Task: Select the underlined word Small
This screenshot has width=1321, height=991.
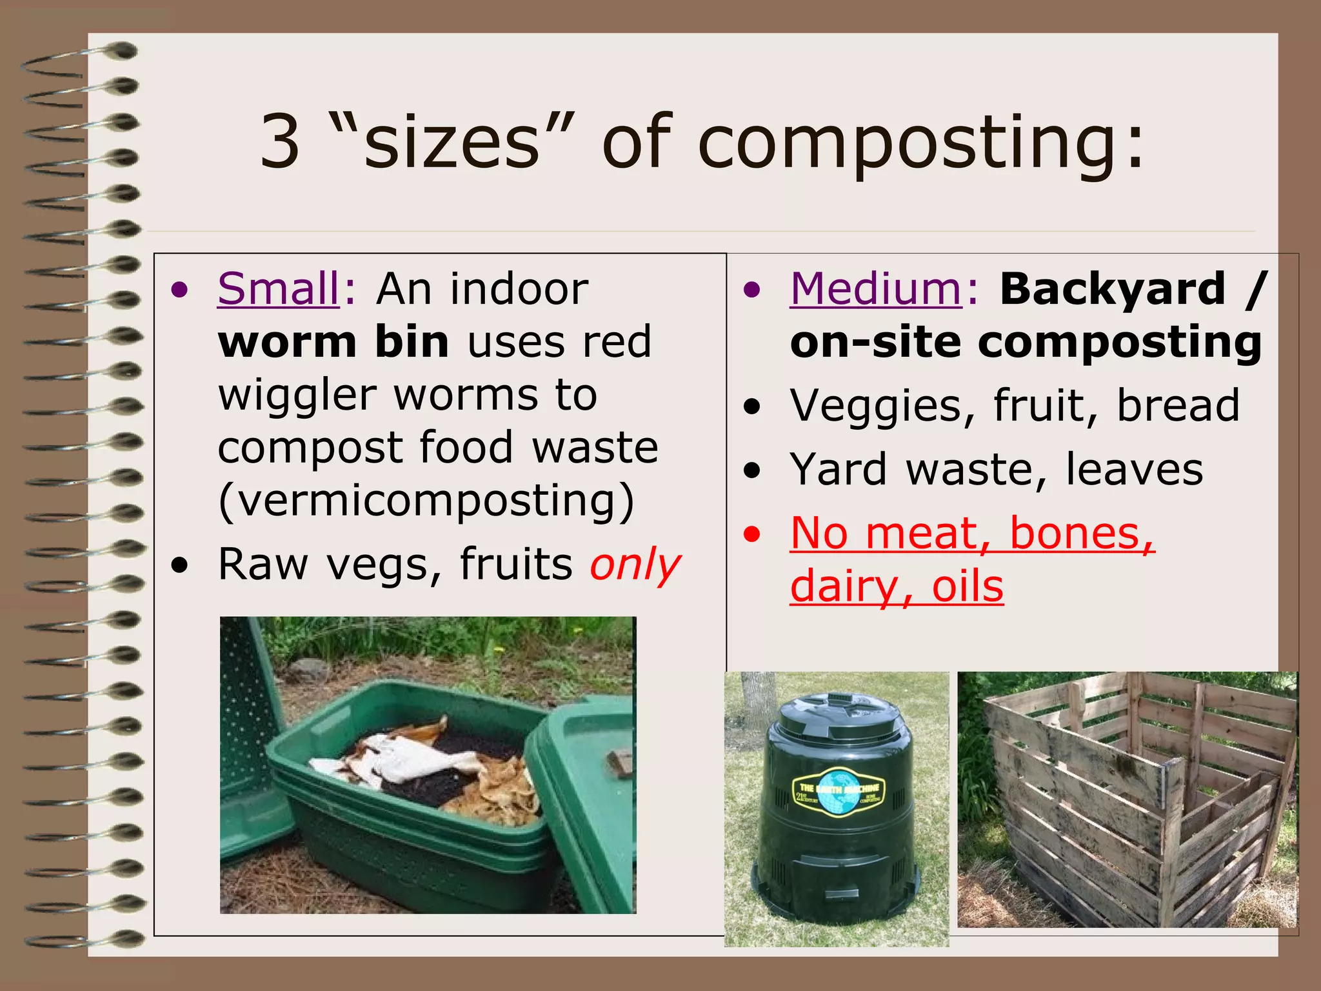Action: (279, 289)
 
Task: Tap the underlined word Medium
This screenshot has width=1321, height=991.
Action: (876, 289)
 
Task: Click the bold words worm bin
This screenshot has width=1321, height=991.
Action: (333, 342)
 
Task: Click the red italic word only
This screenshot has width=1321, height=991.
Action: (635, 565)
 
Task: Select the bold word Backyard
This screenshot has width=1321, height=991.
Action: (1112, 289)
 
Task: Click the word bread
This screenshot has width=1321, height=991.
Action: (1178, 406)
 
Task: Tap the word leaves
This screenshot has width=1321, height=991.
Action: (1134, 470)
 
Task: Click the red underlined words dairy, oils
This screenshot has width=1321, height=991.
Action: (897, 586)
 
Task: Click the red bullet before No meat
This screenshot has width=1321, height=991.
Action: (751, 535)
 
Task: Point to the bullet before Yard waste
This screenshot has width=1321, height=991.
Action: (751, 471)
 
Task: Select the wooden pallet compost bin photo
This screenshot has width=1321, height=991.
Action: (1127, 800)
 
